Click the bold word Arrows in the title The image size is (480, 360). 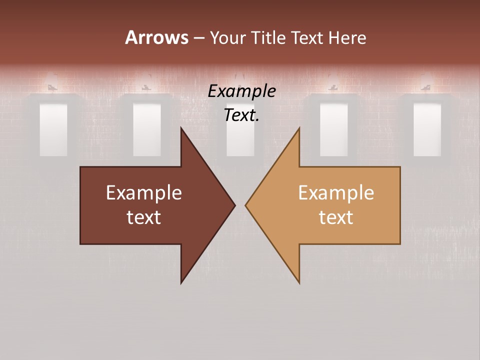156,37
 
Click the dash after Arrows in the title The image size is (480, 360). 198,38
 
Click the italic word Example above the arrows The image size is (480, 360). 241,91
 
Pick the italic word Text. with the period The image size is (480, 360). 241,115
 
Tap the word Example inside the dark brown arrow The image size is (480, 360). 144,193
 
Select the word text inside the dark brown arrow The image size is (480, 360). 144,217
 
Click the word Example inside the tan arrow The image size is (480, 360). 336,193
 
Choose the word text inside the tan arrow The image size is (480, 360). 336,217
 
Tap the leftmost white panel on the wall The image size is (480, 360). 53,129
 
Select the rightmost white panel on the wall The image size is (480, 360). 427,129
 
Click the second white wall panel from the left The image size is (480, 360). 147,129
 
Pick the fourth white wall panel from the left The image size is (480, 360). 333,129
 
